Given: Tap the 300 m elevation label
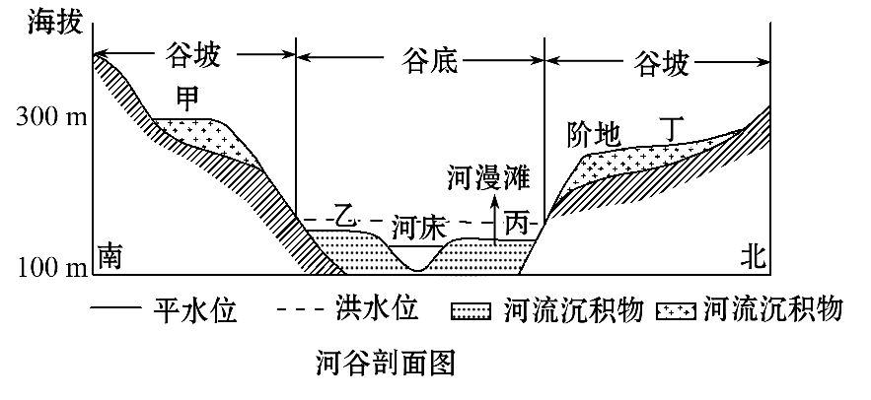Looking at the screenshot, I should click(46, 119).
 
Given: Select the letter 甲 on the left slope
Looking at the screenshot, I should click(187, 99).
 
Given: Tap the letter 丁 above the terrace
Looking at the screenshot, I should click(671, 128).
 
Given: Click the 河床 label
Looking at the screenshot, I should click(413, 226).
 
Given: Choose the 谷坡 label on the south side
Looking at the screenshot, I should click(195, 58).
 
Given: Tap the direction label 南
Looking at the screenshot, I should click(109, 256).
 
